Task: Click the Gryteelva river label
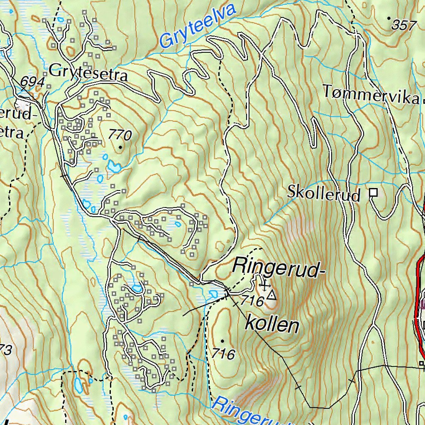coord(197,26)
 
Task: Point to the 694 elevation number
coord(32,82)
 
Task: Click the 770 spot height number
coord(120,135)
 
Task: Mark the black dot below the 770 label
coord(121,147)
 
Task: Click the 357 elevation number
coord(403,26)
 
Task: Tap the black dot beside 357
coord(388,18)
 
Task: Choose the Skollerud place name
coord(324,193)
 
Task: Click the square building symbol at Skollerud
coord(374,192)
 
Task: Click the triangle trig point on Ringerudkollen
coord(271,296)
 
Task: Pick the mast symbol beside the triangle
coord(263,286)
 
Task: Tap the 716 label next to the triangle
coord(252,301)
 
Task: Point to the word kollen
coord(272,324)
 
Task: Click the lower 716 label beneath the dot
coord(223,354)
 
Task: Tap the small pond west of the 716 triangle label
coord(213,294)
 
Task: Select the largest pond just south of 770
coord(113,167)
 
